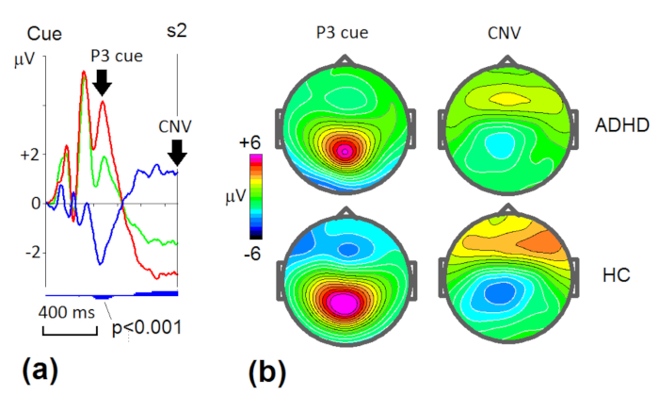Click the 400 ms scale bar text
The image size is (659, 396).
click(x=68, y=312)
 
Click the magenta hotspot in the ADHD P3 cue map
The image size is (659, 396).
click(x=345, y=149)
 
